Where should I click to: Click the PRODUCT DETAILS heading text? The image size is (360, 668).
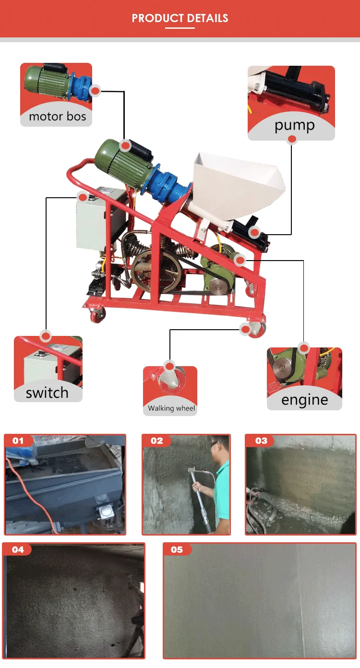(180, 19)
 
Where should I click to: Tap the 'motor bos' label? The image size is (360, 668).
(57, 117)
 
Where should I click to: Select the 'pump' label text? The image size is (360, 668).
(294, 126)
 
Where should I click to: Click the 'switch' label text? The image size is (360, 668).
(47, 393)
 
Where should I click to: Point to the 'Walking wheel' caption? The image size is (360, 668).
(171, 408)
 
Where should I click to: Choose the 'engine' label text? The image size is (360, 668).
(304, 400)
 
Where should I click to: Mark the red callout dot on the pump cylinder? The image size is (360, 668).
(255, 233)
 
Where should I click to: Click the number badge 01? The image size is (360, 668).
(18, 441)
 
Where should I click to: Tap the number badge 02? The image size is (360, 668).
(156, 441)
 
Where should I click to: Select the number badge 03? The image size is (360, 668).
(261, 441)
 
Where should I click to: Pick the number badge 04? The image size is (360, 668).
(18, 549)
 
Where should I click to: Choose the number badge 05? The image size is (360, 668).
(177, 549)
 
